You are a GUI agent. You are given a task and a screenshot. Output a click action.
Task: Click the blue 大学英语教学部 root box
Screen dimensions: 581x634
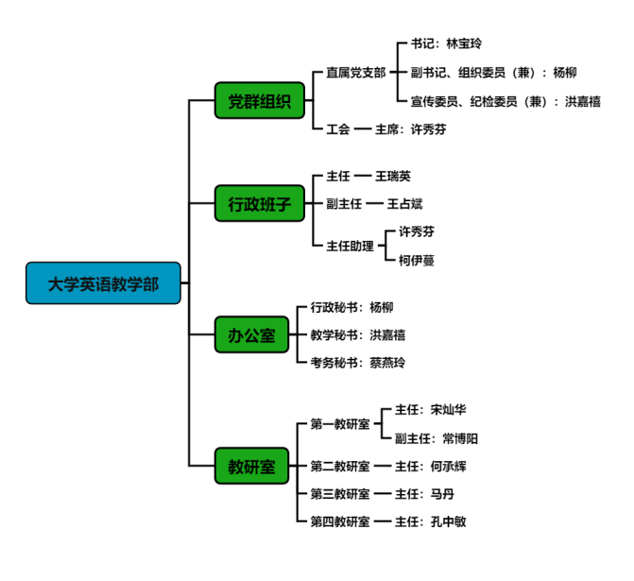[103, 282]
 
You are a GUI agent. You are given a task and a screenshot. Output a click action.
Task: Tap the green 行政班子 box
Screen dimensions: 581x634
[252, 202]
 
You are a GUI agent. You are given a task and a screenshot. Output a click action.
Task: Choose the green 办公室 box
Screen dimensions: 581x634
[252, 334]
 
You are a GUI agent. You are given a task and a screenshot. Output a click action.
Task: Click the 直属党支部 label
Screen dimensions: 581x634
[355, 72]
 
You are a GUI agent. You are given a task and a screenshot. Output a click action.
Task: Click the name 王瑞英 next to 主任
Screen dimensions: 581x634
[393, 176]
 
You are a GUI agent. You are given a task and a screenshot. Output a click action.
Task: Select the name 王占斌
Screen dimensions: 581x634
[405, 203]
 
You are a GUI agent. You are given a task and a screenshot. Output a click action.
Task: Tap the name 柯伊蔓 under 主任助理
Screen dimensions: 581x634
[417, 260]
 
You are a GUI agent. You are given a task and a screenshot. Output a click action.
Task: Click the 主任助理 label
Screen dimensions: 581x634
[350, 246]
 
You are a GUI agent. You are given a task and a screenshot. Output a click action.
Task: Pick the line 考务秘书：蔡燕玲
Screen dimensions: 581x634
[358, 362]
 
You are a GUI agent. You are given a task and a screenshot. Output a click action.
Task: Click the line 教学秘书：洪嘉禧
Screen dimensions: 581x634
[358, 334]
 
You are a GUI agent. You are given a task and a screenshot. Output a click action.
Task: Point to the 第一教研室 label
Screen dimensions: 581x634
[340, 423]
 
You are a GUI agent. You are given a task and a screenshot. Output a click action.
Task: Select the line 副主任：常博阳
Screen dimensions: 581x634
[437, 438]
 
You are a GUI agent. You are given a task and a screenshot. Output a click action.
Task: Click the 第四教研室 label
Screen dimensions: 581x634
[340, 521]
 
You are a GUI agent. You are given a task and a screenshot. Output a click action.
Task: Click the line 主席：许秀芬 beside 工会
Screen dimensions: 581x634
[410, 128]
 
